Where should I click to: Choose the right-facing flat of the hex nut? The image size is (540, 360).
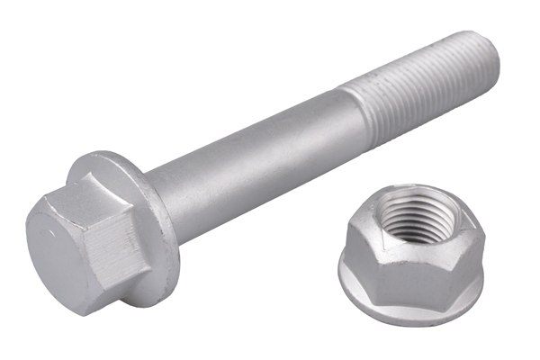coord(468,256)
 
